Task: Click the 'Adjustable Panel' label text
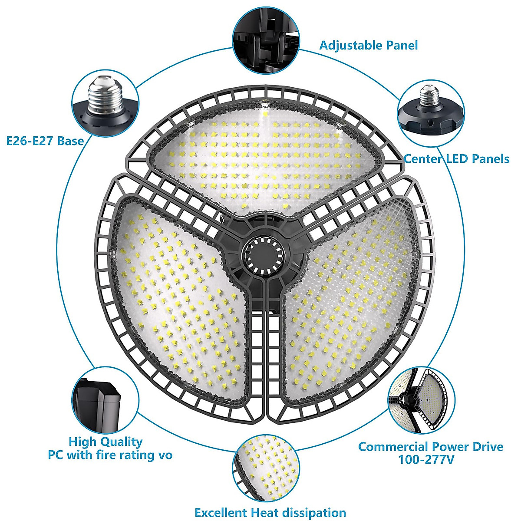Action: coord(368,45)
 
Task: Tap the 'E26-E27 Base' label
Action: coord(45,141)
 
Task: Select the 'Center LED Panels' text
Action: coord(456,159)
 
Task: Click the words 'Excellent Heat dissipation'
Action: coord(270,512)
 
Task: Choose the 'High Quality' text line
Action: coord(106,442)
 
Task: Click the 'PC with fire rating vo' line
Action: coord(110,455)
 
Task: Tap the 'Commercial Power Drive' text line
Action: coord(431,446)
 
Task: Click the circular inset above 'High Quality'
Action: coord(105,400)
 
